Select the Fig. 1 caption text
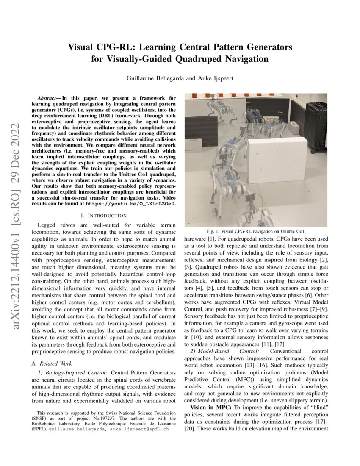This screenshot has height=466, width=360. [256, 231]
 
